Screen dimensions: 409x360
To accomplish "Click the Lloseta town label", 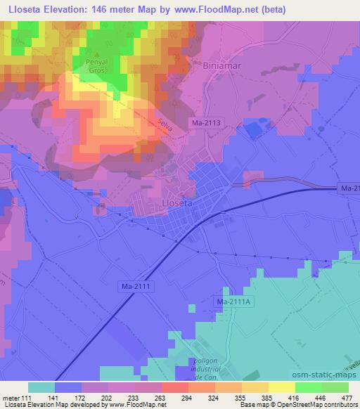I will click(177, 202).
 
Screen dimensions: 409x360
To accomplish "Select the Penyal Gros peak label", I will click(97, 67).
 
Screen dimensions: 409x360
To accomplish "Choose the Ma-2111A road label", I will click(233, 301).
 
